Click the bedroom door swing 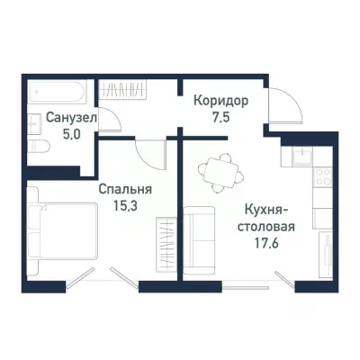pos(144,154)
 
